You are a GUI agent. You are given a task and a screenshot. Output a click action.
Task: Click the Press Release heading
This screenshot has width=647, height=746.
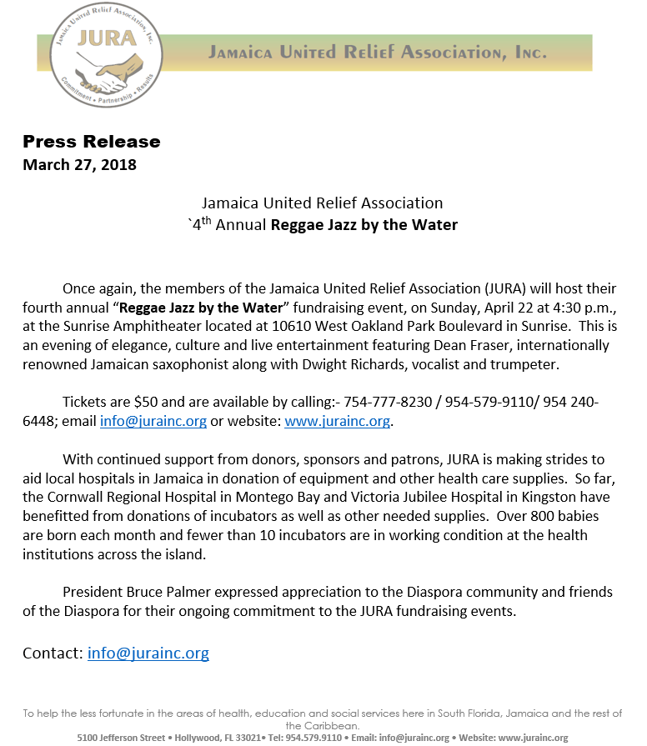pyautogui.click(x=91, y=142)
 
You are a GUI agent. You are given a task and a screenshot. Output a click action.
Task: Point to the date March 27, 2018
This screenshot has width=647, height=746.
pyautogui.click(x=79, y=164)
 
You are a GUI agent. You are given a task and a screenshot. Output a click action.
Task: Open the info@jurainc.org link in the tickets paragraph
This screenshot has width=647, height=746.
pyautogui.click(x=153, y=421)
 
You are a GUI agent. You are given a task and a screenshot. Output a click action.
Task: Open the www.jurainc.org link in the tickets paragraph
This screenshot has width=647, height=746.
pyautogui.click(x=337, y=421)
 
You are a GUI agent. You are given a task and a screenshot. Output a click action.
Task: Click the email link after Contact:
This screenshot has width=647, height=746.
pyautogui.click(x=148, y=653)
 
